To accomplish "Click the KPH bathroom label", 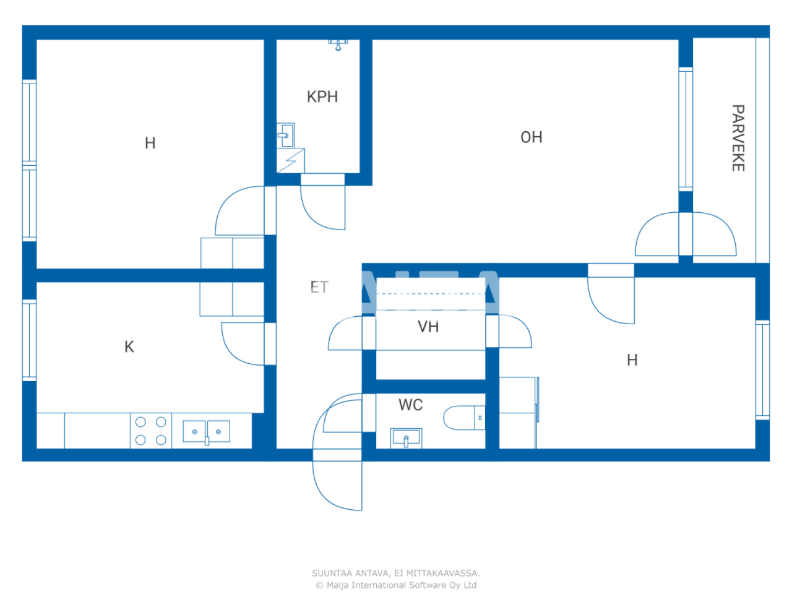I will (322, 97).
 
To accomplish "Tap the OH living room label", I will (531, 137).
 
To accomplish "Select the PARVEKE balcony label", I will (738, 138).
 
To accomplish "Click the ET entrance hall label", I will (319, 287).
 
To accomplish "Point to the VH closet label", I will (428, 327).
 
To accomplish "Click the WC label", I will (410, 405).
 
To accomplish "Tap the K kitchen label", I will (129, 346).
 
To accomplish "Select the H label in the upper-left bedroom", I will (150, 143).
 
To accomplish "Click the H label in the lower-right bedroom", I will (632, 360).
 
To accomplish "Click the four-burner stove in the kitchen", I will (151, 431).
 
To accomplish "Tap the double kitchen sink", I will (207, 431).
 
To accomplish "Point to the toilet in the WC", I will (464, 418).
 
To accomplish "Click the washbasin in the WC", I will (407, 438).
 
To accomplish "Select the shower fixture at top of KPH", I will (338, 44).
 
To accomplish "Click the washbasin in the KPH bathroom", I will (285, 135).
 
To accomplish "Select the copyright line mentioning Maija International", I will (396, 585).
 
